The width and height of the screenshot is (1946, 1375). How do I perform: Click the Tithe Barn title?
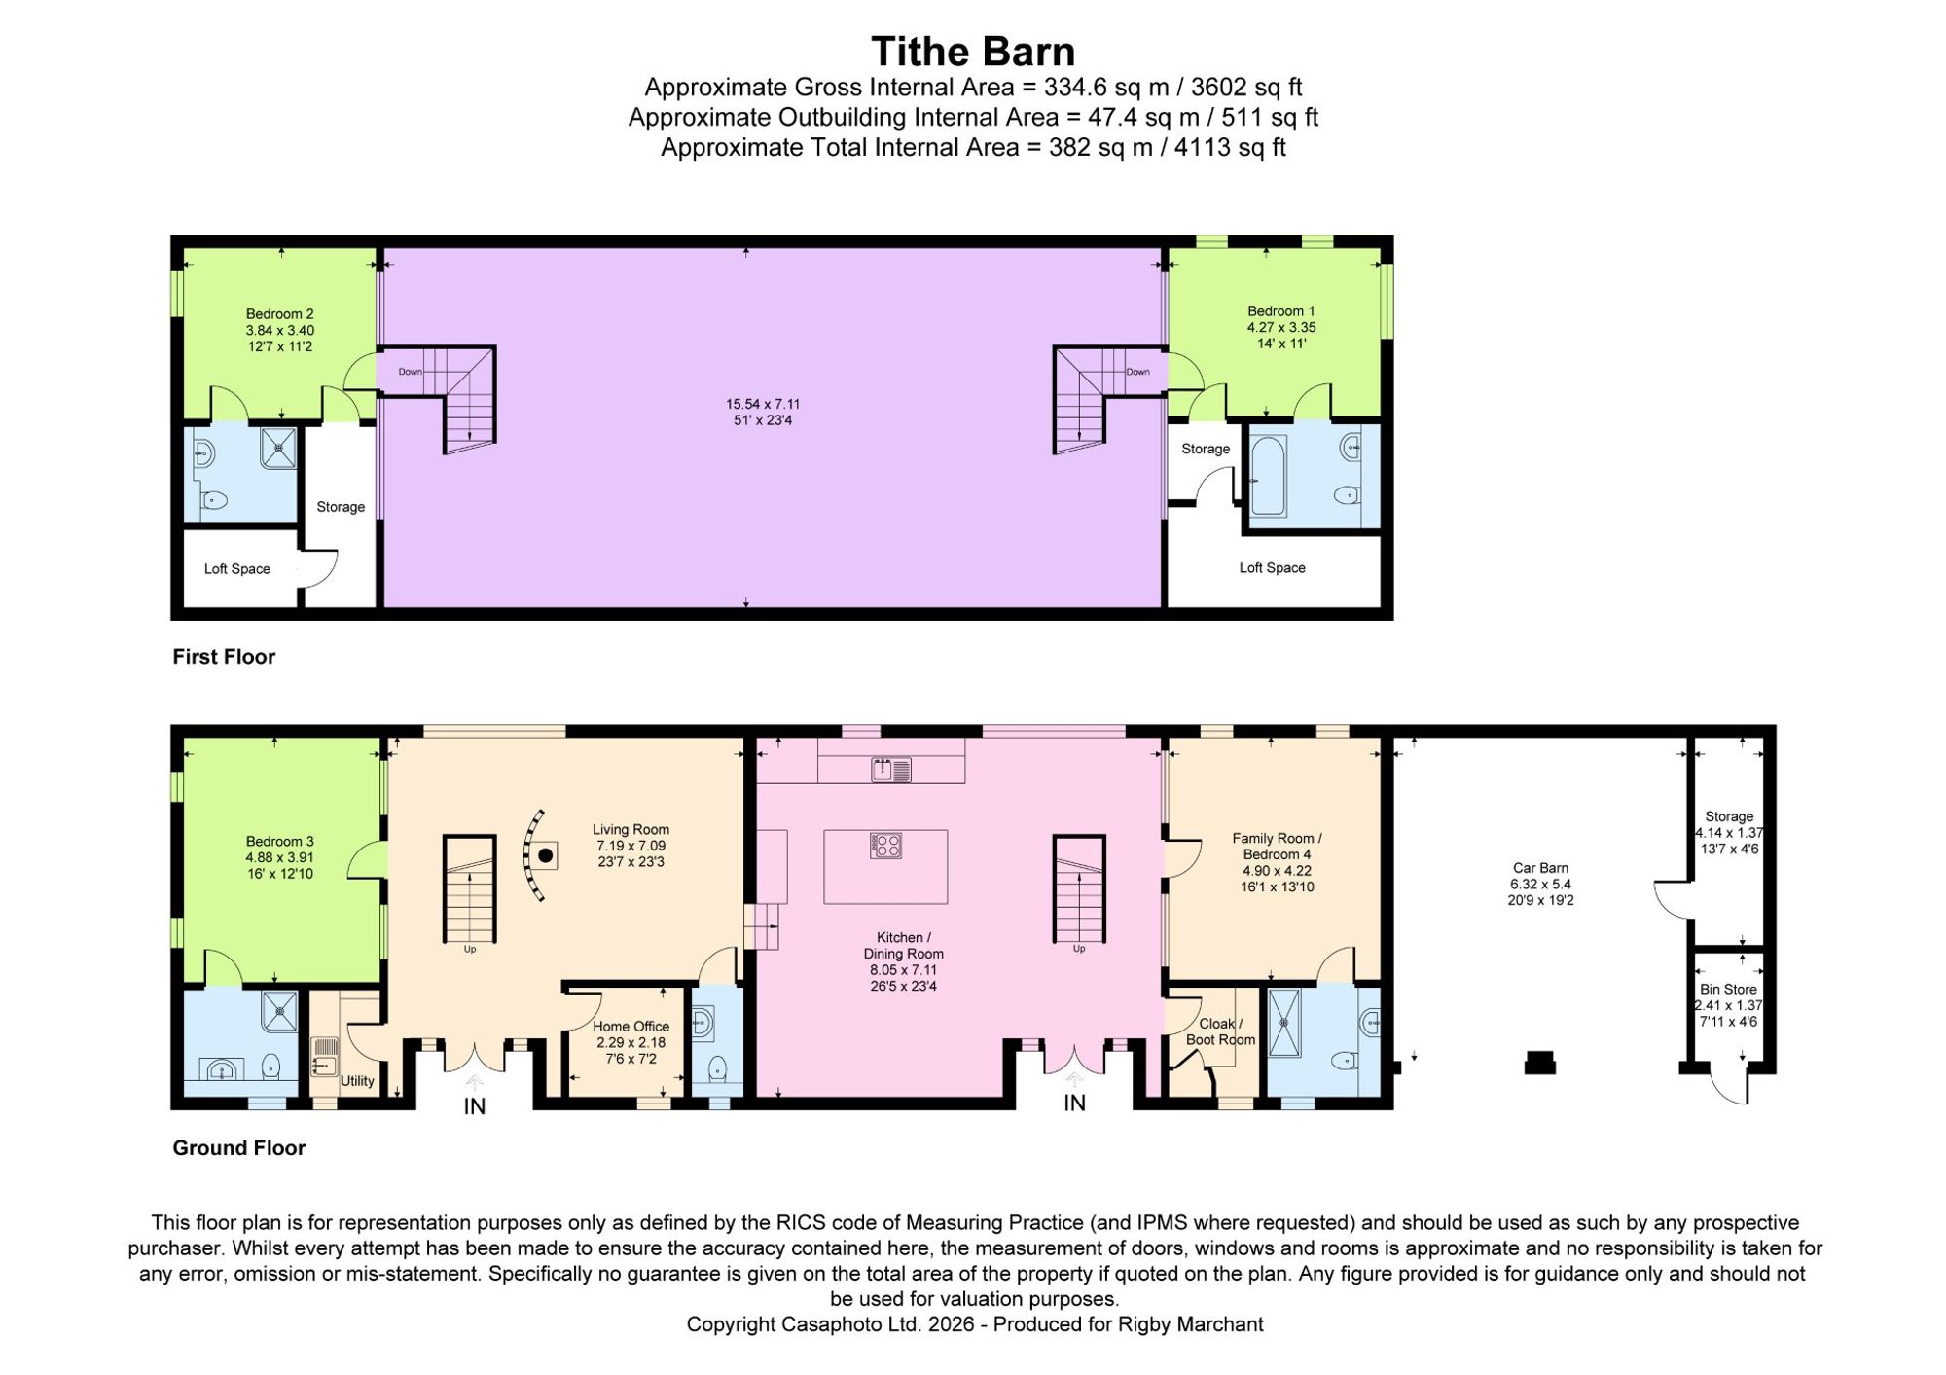click(x=972, y=52)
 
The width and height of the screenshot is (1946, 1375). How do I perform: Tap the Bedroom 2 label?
click(x=279, y=314)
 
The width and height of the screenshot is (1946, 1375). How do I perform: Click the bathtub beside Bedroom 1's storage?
click(x=1268, y=475)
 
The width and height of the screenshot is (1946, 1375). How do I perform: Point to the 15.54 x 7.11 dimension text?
click(x=763, y=404)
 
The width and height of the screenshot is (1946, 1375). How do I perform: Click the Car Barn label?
click(x=1540, y=868)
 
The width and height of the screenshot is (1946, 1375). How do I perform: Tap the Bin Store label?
click(x=1728, y=990)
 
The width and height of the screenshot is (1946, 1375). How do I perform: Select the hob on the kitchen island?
click(x=885, y=846)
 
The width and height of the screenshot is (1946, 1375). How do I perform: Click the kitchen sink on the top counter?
click(x=891, y=771)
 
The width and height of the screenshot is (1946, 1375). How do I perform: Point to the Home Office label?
click(x=631, y=1027)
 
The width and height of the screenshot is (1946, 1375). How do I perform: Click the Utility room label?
click(x=357, y=1081)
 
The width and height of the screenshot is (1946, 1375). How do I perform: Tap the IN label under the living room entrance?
click(x=475, y=1106)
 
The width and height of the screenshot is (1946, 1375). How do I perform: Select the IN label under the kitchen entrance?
click(x=1074, y=1103)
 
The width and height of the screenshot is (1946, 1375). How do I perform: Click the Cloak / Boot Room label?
click(x=1220, y=1031)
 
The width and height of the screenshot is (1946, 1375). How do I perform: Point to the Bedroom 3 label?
click(x=279, y=842)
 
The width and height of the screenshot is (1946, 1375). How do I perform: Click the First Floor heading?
click(x=224, y=657)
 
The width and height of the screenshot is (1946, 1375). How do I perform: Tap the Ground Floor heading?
click(x=239, y=1148)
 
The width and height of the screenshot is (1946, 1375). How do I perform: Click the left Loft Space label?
click(x=237, y=569)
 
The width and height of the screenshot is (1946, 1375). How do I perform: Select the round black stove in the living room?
click(x=547, y=855)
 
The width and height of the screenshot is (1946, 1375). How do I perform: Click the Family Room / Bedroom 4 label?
click(x=1277, y=847)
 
